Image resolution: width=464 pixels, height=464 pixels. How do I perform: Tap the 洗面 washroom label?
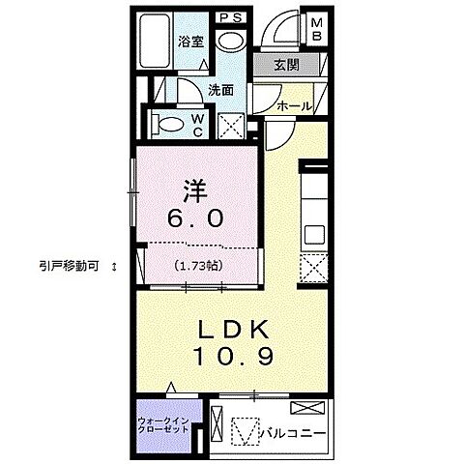221,90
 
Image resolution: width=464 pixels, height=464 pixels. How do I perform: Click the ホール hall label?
293,106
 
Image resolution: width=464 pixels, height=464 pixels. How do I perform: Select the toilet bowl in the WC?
170,125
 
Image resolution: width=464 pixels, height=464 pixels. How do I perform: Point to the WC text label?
196,123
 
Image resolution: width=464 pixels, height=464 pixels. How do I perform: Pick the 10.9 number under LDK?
236,356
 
